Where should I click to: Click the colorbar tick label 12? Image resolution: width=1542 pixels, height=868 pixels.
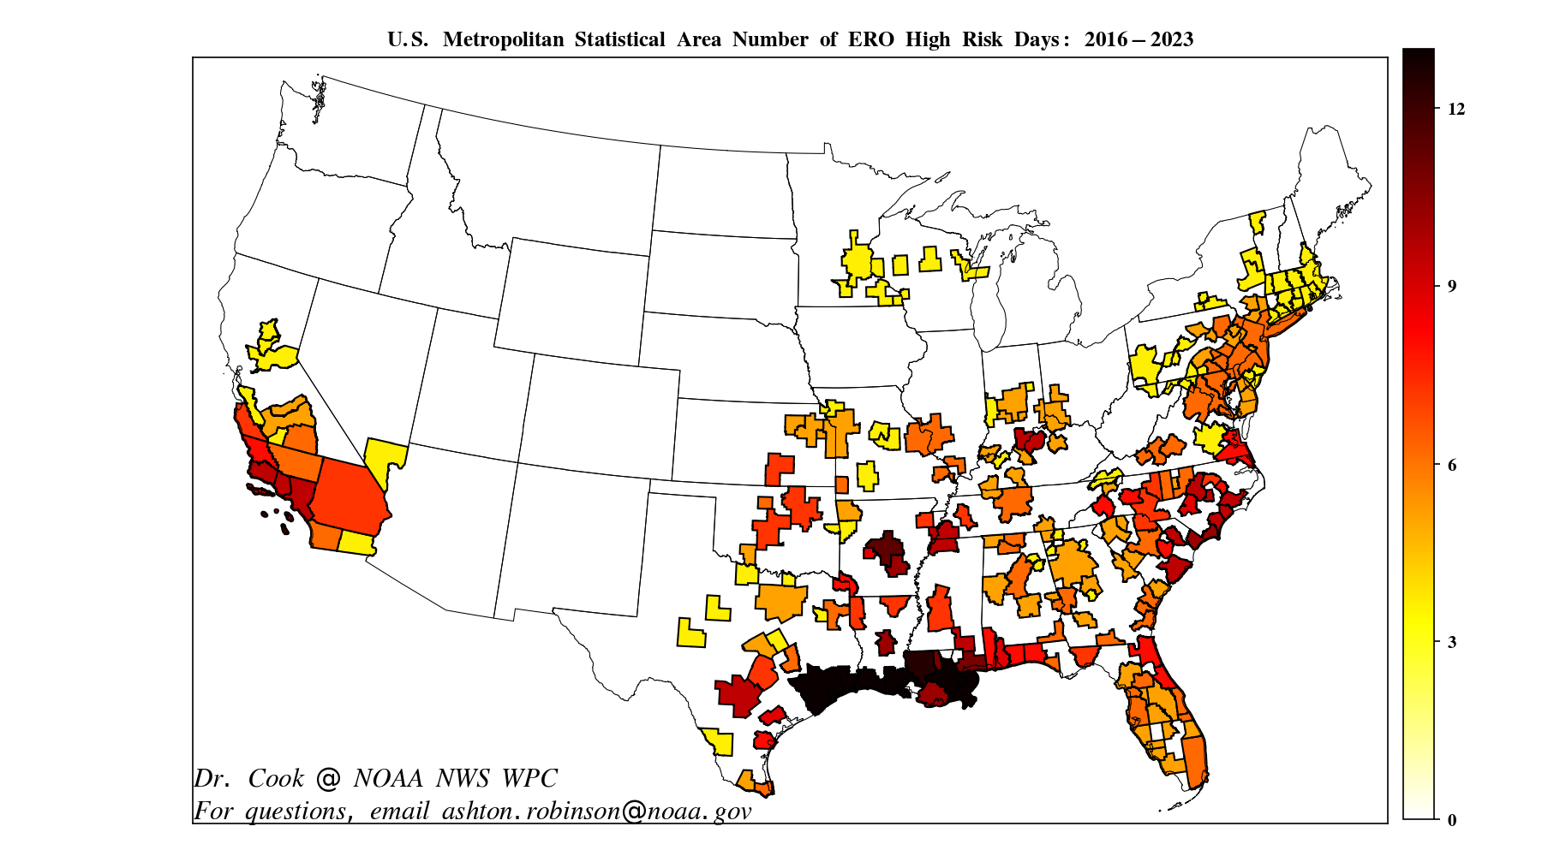1456,109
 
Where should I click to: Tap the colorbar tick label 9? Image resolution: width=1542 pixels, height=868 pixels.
1452,286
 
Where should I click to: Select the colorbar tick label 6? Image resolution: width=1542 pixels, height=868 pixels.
1452,465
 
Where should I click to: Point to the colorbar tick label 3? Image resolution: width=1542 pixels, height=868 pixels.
1452,642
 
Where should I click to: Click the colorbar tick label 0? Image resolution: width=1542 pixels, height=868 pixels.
1452,820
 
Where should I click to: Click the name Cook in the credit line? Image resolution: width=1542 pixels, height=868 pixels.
276,778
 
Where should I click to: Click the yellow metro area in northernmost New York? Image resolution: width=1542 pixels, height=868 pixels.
1257,222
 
